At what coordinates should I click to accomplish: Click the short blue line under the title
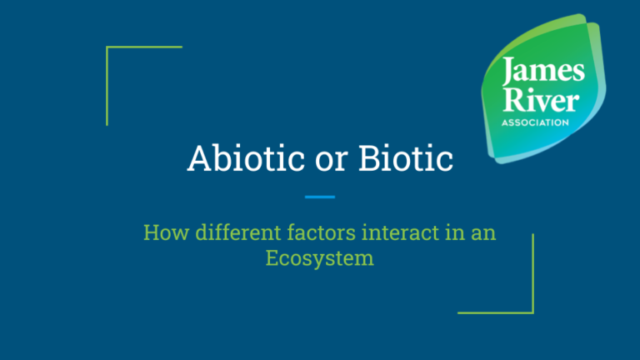(x=320, y=197)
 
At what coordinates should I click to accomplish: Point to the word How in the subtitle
(x=162, y=232)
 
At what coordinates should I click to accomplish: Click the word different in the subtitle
(x=226, y=232)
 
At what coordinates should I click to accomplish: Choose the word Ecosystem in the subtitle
(x=320, y=257)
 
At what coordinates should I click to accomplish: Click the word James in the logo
(x=532, y=73)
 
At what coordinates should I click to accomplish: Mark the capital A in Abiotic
(x=199, y=158)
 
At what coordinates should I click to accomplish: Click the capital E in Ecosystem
(x=273, y=257)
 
